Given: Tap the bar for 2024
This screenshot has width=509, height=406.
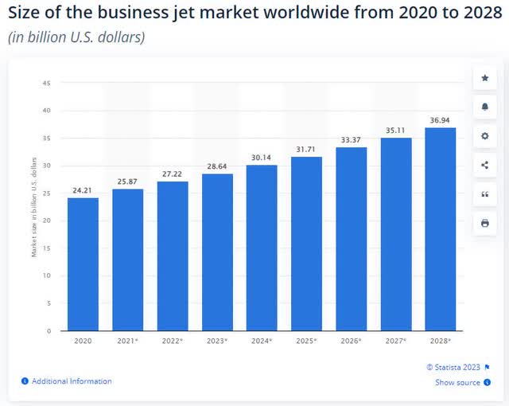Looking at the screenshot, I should click(x=262, y=248).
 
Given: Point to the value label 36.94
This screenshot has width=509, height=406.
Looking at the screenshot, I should click(x=440, y=120).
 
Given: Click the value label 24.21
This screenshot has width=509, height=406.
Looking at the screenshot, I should click(x=83, y=190).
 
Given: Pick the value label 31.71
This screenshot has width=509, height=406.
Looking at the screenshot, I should click(x=306, y=150).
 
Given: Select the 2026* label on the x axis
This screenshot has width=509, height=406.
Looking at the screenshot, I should click(x=351, y=340).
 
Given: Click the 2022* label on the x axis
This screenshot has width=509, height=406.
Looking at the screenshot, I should click(x=173, y=340).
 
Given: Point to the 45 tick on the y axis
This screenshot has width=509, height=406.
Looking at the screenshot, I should click(x=47, y=83).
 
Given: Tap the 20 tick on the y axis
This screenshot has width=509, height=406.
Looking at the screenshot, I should click(x=47, y=221).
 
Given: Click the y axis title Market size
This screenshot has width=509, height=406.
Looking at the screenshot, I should click(x=34, y=207).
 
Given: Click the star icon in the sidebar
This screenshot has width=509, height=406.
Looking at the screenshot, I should click(x=484, y=78).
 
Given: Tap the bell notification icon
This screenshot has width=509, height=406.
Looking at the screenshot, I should click(x=484, y=107).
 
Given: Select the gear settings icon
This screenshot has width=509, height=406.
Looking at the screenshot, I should click(x=484, y=136).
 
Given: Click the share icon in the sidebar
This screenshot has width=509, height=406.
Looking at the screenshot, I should click(x=484, y=165).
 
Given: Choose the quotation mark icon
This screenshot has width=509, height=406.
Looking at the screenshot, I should click(x=484, y=194).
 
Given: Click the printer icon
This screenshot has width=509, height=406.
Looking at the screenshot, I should click(x=484, y=224).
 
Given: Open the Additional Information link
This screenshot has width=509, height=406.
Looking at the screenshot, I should click(x=72, y=381).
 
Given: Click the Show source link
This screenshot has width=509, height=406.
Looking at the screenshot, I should click(x=457, y=383).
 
